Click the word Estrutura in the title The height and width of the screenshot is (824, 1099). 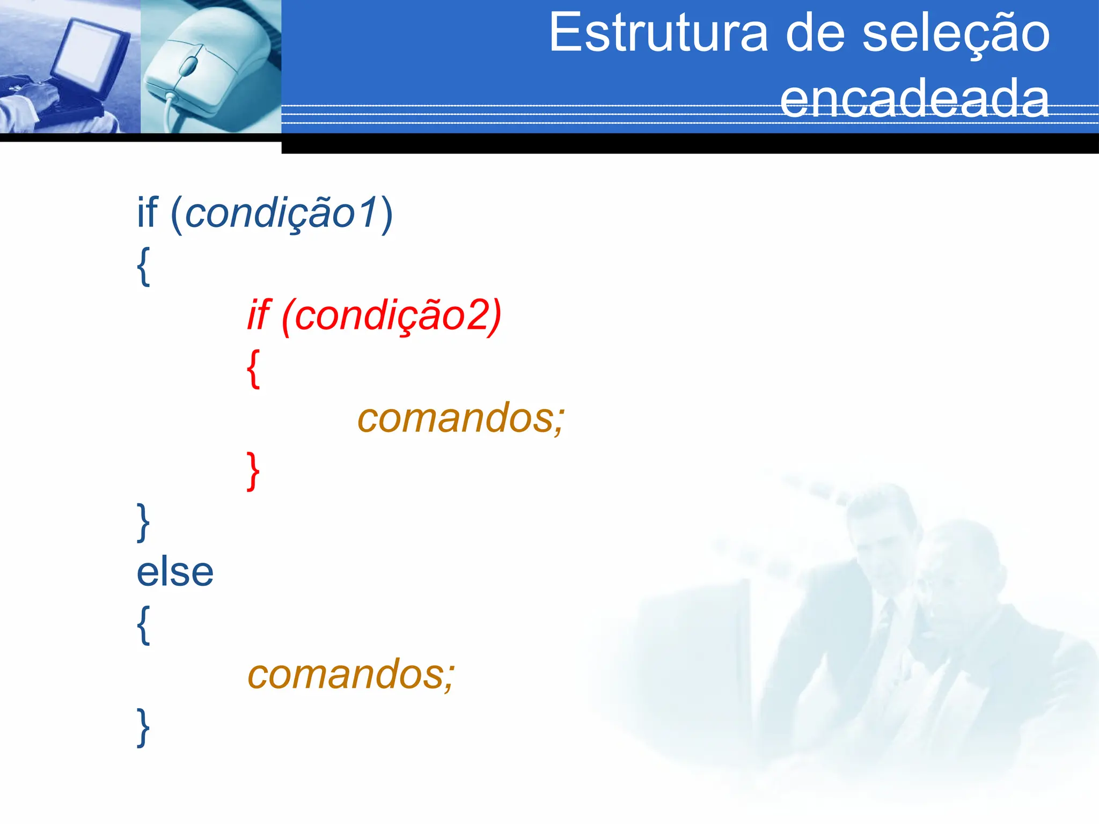click(x=658, y=33)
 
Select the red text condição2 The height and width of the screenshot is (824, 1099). click(x=397, y=315)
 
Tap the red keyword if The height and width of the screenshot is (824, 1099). click(x=259, y=315)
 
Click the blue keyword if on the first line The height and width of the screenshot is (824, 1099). click(x=147, y=212)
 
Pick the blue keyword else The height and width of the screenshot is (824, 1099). click(x=175, y=572)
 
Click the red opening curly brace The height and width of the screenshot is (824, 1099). click(x=253, y=368)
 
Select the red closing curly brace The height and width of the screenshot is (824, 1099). click(x=253, y=470)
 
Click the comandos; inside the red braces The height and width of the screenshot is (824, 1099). click(x=460, y=418)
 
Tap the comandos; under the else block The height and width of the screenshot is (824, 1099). click(x=350, y=675)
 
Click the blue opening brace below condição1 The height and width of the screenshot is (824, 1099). click(x=143, y=266)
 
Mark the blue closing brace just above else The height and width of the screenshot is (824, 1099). click(x=143, y=522)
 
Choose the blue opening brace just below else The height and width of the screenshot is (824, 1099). click(x=143, y=624)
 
